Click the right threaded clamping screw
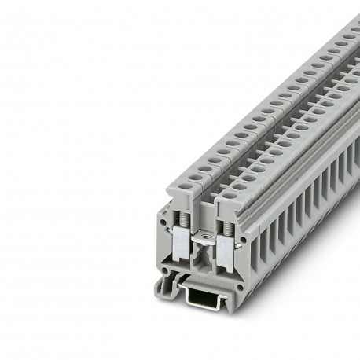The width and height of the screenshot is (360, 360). (229, 229)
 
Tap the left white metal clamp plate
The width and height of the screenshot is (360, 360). (182, 241)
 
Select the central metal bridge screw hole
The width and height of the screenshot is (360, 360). (206, 237)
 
